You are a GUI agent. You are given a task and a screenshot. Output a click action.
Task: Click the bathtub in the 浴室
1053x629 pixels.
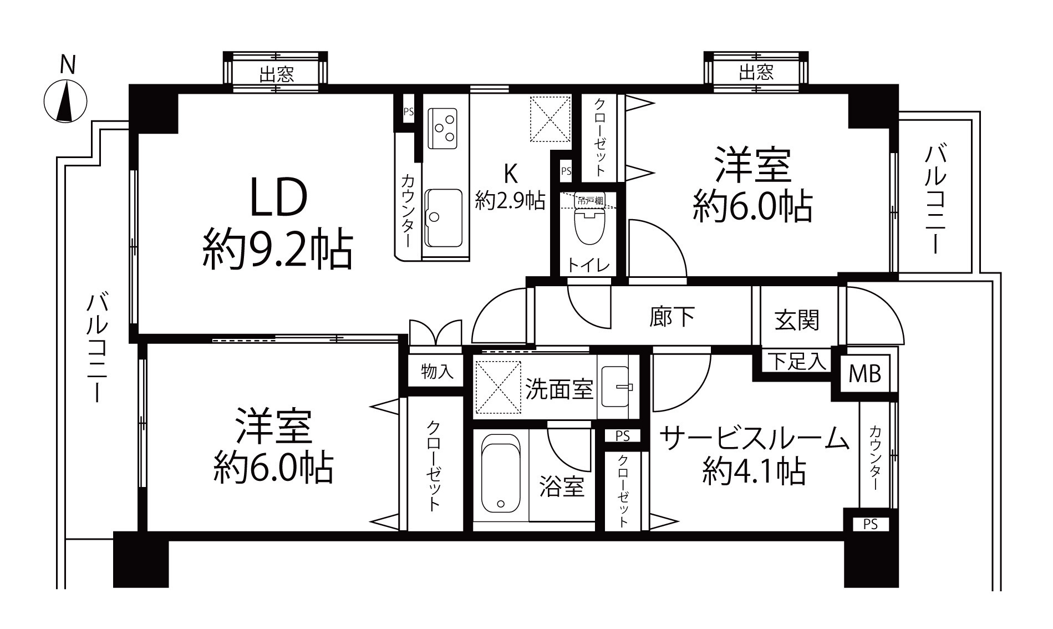coord(501,473)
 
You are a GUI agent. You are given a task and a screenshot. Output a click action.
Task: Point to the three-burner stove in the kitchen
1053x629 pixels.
coord(443,128)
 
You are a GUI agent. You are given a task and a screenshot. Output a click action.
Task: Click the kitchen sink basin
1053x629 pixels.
coord(443,217)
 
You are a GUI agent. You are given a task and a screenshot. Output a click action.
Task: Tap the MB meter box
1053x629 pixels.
coord(865,374)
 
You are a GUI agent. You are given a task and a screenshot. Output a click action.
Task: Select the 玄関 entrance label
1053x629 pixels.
coord(797,320)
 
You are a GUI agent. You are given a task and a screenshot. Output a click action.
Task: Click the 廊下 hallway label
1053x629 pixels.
coord(672,317)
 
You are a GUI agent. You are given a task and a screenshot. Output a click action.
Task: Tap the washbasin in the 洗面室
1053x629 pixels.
coord(615,387)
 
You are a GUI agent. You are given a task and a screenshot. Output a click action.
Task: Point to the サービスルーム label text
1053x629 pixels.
coord(754,439)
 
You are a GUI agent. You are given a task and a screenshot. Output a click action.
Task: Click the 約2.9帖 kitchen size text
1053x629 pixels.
coord(510,200)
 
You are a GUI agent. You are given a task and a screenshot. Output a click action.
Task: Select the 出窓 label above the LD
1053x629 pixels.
coord(277,74)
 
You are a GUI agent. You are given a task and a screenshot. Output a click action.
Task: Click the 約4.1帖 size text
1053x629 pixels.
coord(754,472)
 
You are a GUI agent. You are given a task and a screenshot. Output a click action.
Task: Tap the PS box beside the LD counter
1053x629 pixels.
coord(409,111)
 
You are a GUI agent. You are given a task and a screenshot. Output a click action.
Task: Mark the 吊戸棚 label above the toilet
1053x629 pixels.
coord(589,200)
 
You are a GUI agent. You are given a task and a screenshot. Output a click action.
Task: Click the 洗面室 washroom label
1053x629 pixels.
coord(559,389)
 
